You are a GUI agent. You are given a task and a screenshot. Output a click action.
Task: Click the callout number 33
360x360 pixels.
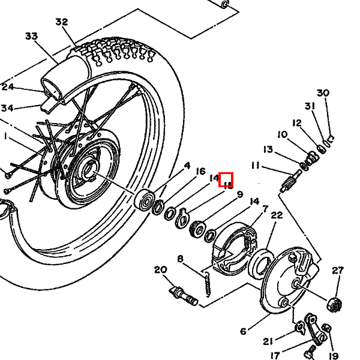click(x=32, y=36)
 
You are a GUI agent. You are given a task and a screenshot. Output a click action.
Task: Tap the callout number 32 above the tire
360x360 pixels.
click(x=62, y=22)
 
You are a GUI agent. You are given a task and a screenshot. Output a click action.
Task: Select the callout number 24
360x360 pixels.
click(x=7, y=88)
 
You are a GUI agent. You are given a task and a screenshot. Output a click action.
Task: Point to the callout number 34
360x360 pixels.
click(x=7, y=108)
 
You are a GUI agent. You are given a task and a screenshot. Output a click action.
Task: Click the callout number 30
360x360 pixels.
click(x=323, y=93)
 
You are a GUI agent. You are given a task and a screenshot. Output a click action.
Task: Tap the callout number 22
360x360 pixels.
click(x=277, y=215)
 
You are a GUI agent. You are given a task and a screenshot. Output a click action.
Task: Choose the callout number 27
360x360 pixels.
click(x=338, y=271)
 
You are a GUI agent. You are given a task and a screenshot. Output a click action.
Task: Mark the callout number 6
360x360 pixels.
click(x=243, y=331)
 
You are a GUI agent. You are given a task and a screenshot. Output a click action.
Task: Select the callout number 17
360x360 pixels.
click(x=275, y=355)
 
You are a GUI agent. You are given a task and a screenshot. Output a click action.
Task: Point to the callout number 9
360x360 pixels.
click(x=239, y=194)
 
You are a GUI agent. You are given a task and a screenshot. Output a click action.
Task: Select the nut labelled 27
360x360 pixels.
click(x=335, y=304)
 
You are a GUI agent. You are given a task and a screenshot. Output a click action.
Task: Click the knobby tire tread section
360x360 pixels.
click(x=120, y=51)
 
